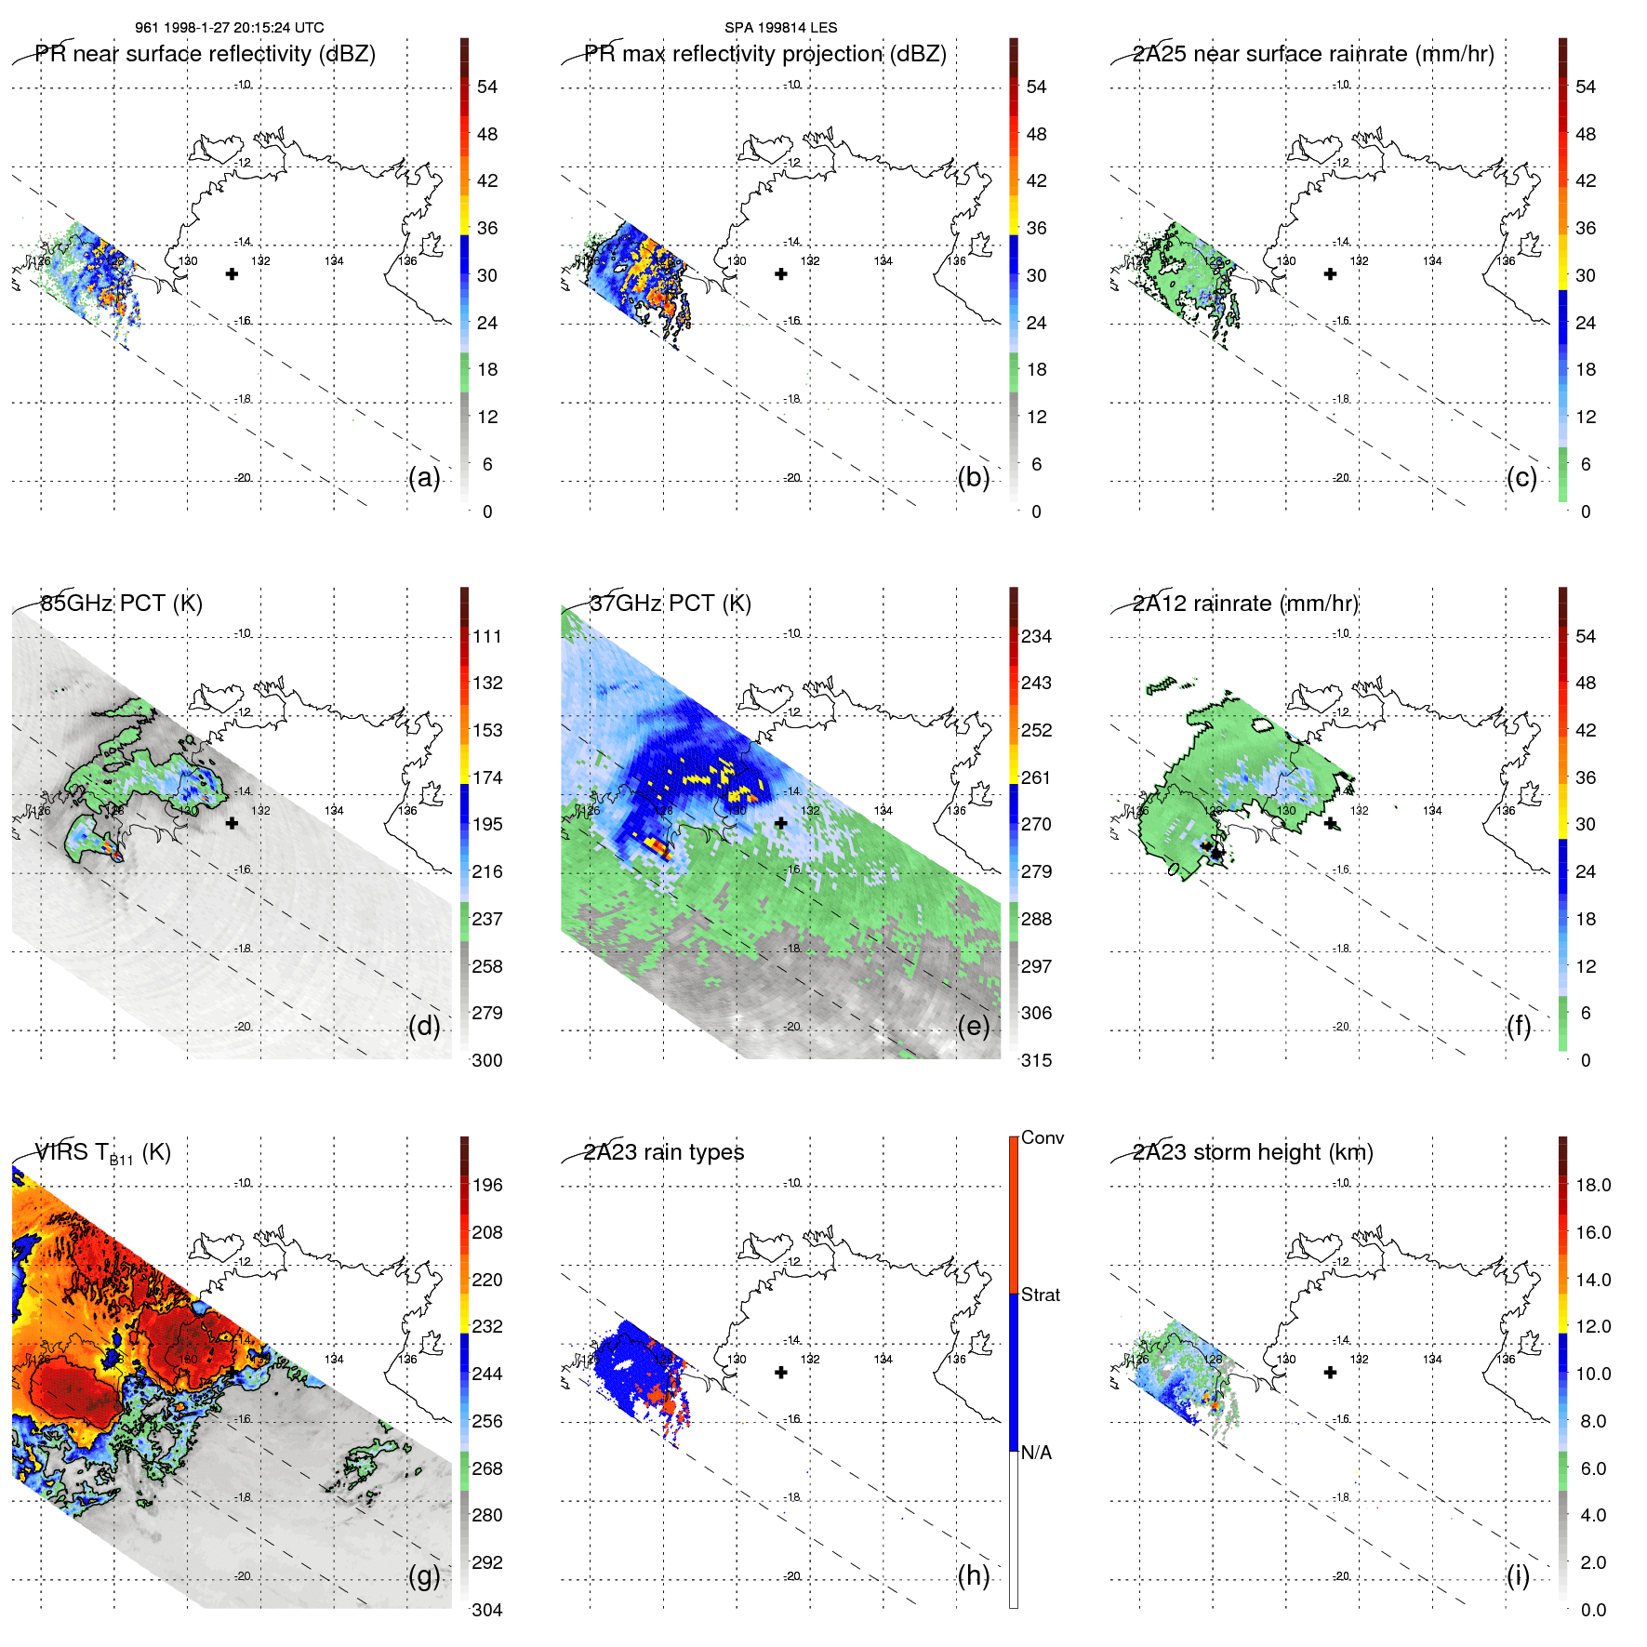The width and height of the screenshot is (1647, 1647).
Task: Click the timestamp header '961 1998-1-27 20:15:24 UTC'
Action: (x=229, y=28)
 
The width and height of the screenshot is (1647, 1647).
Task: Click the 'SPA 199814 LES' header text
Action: (x=780, y=28)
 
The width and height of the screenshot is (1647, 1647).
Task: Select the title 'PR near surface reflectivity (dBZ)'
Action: (x=205, y=54)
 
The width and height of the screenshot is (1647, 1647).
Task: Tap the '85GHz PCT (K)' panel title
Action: (x=121, y=604)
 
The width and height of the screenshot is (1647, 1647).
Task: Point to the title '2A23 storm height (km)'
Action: (x=1253, y=1152)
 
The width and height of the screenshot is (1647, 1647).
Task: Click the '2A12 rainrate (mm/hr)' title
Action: (x=1245, y=604)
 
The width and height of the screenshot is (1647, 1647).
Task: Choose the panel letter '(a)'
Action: (x=424, y=477)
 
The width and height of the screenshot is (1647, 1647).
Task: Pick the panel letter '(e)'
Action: (x=974, y=1026)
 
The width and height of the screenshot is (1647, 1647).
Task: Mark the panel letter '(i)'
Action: (x=1518, y=1575)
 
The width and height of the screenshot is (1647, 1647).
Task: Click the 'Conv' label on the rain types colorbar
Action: (x=1042, y=1138)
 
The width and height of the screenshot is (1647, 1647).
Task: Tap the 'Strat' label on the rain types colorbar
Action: (x=1040, y=1295)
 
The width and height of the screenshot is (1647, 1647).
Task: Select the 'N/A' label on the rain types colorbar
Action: (x=1036, y=1453)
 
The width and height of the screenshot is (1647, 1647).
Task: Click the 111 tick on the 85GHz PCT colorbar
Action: (x=486, y=637)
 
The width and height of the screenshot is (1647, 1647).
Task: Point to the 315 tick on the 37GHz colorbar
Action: (x=1036, y=1061)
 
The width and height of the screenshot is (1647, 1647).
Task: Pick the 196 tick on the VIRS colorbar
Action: (x=486, y=1186)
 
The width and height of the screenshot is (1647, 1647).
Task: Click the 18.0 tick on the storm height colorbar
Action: (x=1592, y=1186)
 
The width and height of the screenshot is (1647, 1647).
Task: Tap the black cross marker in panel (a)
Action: (x=232, y=274)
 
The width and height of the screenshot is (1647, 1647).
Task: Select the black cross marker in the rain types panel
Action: (x=781, y=1373)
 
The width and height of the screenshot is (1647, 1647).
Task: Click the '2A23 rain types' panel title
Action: (x=664, y=1152)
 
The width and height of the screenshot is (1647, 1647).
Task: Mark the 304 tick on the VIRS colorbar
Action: (x=486, y=1610)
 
